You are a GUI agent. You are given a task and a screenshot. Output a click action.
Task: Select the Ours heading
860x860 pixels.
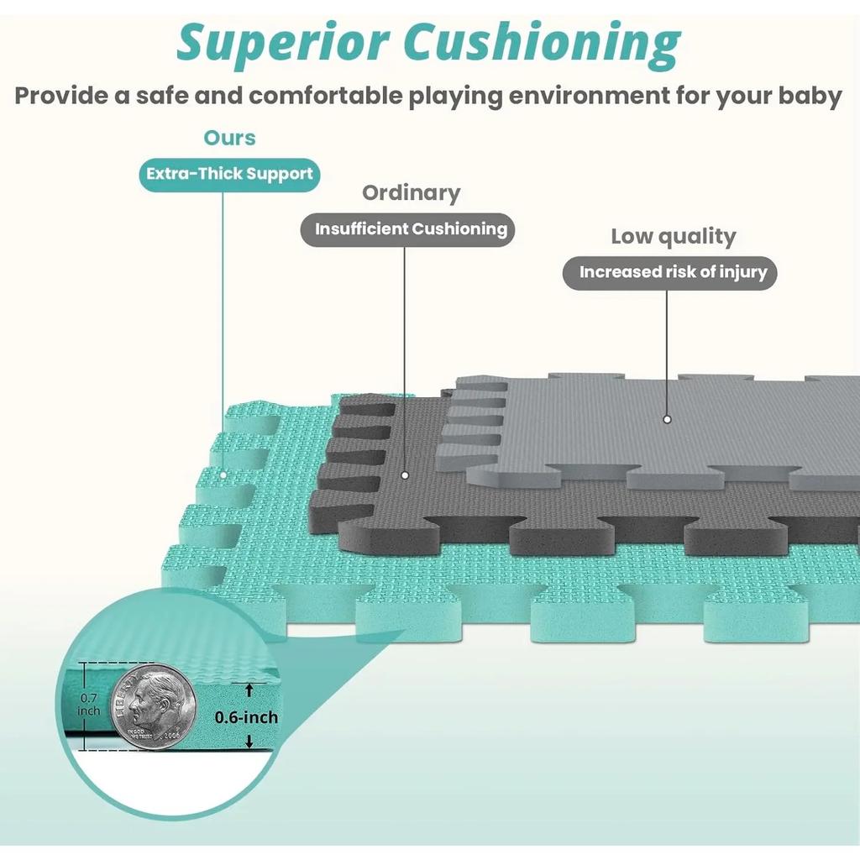[x=229, y=138]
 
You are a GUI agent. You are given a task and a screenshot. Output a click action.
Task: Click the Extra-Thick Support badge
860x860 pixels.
[x=229, y=175]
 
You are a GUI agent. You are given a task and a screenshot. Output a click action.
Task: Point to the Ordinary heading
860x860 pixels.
[x=411, y=192]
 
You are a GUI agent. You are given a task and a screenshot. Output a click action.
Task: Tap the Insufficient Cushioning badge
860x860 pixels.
[x=411, y=229]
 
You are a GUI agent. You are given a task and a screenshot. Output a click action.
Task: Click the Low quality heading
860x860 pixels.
[x=673, y=236]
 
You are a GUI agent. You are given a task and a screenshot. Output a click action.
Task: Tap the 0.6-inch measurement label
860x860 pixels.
[x=246, y=717]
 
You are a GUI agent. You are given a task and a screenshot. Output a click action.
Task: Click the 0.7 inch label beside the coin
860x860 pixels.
[x=89, y=704]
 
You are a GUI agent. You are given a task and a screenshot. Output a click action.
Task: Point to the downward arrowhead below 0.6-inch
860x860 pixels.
[x=249, y=742]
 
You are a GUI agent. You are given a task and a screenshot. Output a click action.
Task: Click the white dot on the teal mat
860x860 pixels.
[x=223, y=475]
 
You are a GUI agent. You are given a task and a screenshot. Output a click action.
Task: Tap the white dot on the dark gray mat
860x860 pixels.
[x=404, y=475]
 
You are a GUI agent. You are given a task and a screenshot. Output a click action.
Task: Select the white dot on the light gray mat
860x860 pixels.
[x=667, y=418]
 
